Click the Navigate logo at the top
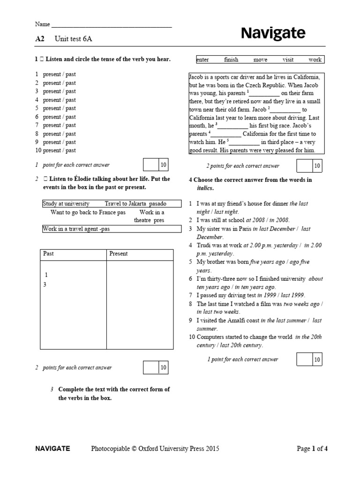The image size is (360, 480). pyautogui.click(x=273, y=33)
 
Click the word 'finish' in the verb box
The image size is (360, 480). pyautogui.click(x=231, y=60)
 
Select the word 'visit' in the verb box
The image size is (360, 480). pyautogui.click(x=288, y=60)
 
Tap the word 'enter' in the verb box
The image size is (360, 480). pyautogui.click(x=203, y=60)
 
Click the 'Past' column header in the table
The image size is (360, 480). pyautogui.click(x=48, y=254)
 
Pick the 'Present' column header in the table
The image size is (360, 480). pyautogui.click(x=118, y=254)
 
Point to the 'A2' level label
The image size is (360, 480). pyautogui.click(x=39, y=39)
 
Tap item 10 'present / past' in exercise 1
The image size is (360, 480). pyautogui.click(x=59, y=150)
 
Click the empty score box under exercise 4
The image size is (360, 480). pyautogui.click(x=305, y=360)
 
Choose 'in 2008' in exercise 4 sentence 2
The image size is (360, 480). pyautogui.click(x=280, y=220)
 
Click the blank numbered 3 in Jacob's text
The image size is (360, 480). pyautogui.click(x=233, y=126)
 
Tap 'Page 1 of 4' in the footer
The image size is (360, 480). pyautogui.click(x=312, y=449)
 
